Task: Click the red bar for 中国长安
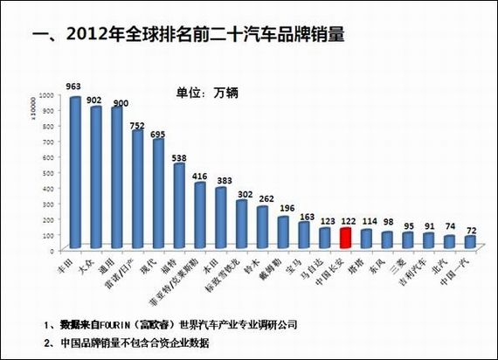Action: point(345,237)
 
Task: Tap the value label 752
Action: point(137,125)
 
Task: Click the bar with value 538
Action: point(179,205)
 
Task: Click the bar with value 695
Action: point(158,193)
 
